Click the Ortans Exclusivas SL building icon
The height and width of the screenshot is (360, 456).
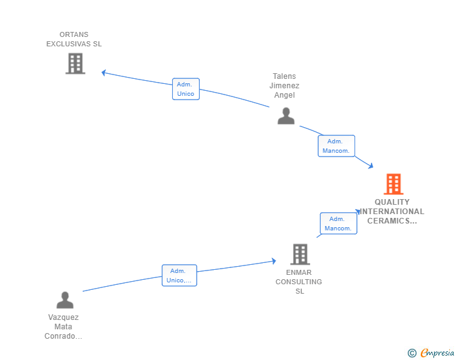(x=75, y=63)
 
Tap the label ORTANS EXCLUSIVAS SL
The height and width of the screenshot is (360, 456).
(x=74, y=39)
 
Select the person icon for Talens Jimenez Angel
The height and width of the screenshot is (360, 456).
(x=286, y=116)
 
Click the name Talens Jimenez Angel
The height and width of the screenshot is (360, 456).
(x=284, y=86)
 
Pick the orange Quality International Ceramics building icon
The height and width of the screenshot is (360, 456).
(x=393, y=184)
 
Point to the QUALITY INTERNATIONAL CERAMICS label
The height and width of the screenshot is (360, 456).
(x=392, y=211)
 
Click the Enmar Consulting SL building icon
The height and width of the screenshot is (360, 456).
(x=300, y=254)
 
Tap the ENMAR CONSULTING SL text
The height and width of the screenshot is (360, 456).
(x=299, y=282)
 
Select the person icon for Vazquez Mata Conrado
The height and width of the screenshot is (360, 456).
(x=65, y=300)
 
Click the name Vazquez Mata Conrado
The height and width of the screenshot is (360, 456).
(x=63, y=327)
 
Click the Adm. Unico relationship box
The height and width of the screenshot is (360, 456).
(x=185, y=89)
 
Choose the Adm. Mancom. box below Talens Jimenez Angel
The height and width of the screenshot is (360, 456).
(x=336, y=146)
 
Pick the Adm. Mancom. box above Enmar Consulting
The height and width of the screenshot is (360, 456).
(x=338, y=224)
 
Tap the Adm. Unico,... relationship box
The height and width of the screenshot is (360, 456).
(x=179, y=275)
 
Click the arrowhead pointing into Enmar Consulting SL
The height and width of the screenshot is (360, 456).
(x=273, y=261)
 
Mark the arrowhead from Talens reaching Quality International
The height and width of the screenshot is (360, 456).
(x=370, y=166)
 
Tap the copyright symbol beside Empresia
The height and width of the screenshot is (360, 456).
(x=412, y=353)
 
